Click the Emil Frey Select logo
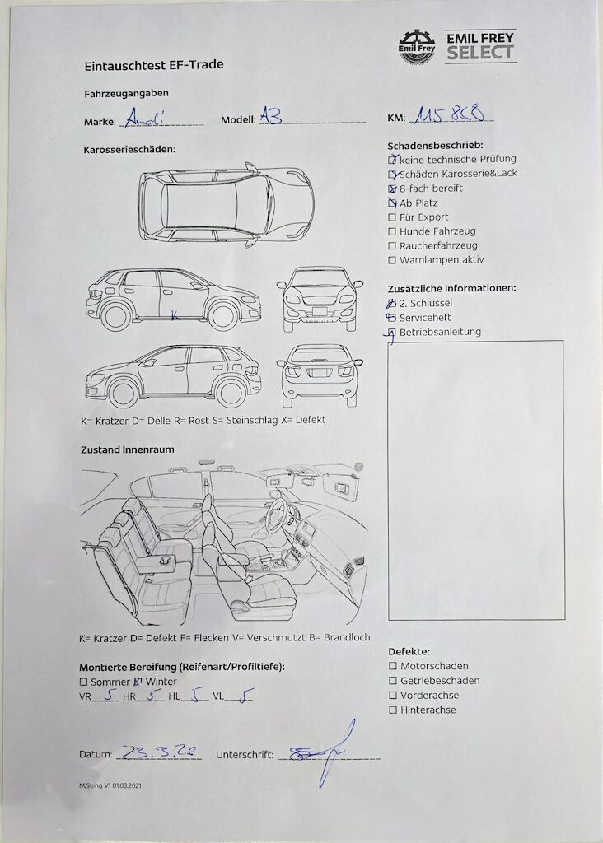click(456, 47)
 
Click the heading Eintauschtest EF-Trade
click(154, 64)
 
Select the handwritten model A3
click(271, 117)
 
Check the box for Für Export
click(393, 217)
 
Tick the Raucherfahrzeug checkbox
click(393, 246)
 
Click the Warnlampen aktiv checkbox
click(393, 260)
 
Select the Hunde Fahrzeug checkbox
click(393, 231)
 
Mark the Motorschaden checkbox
click(393, 666)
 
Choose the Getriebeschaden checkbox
click(393, 681)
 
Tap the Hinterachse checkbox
click(393, 710)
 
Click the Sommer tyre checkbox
click(83, 682)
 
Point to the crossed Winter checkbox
click(138, 682)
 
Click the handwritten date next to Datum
click(158, 752)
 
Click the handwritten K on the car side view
click(175, 314)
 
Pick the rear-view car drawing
click(320, 375)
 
